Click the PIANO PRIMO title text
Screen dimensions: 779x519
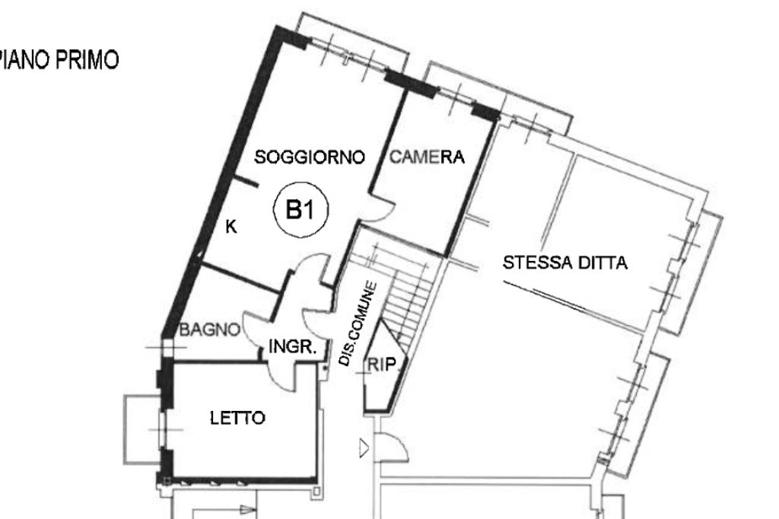pyautogui.click(x=59, y=60)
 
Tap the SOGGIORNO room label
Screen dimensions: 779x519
pyautogui.click(x=310, y=157)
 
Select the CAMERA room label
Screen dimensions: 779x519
pyautogui.click(x=427, y=157)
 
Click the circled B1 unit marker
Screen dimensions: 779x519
pyautogui.click(x=301, y=209)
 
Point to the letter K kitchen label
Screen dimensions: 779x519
pyautogui.click(x=231, y=227)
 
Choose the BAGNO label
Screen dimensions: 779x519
pyautogui.click(x=210, y=330)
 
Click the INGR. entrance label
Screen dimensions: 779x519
pyautogui.click(x=292, y=346)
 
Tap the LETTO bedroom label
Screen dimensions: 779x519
pyautogui.click(x=237, y=418)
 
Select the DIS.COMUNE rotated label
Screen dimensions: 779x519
pyautogui.click(x=358, y=323)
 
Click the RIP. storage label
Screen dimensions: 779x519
pyautogui.click(x=383, y=365)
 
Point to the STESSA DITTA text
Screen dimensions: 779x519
pyautogui.click(x=565, y=263)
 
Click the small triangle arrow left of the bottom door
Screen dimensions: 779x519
pyautogui.click(x=364, y=448)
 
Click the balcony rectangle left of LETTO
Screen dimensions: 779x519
pyautogui.click(x=142, y=430)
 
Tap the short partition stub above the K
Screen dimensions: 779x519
pyautogui.click(x=246, y=182)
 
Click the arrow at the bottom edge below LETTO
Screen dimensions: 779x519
pyautogui.click(x=246, y=510)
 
